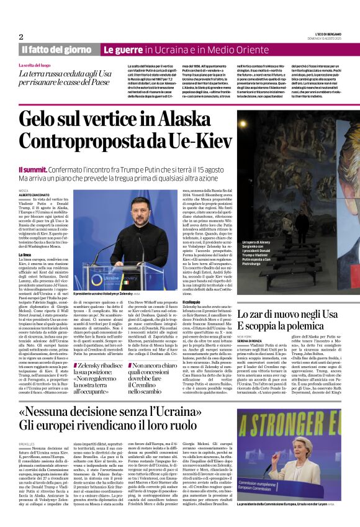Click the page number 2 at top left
point(21,37)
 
